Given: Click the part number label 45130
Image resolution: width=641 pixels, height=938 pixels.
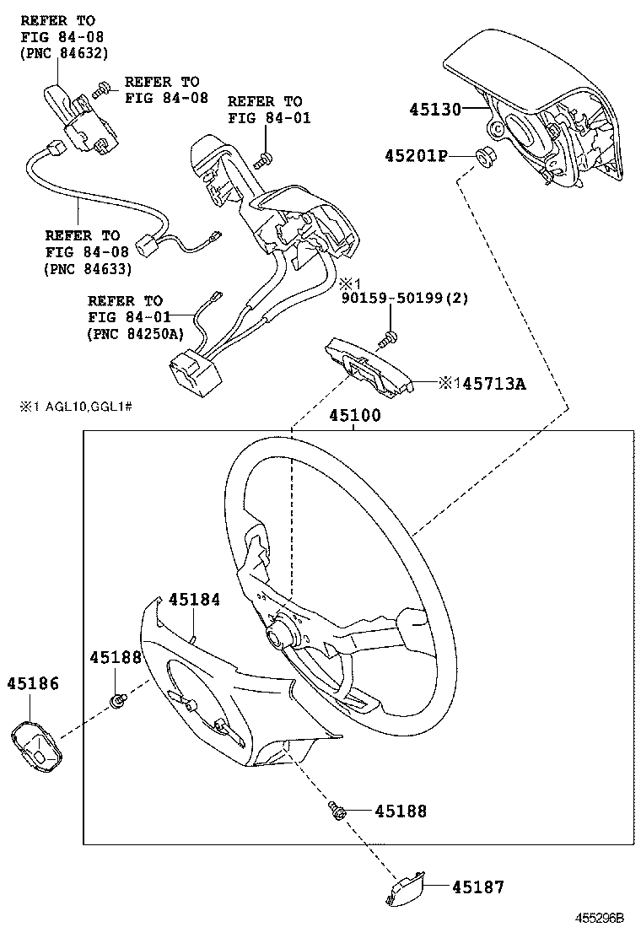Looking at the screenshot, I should coord(436,109).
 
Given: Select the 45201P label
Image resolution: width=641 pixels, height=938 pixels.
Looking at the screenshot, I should coord(416,156).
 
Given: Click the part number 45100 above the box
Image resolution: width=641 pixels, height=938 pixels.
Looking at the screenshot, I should coord(354,416).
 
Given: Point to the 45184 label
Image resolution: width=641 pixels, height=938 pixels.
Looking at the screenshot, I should coord(194,600).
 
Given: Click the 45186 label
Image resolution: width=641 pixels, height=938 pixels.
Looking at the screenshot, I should coord(34,683).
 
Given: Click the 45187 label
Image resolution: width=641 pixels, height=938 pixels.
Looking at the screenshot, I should coord(477,887).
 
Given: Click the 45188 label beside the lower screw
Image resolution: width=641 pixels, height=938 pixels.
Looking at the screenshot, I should coord(401,811).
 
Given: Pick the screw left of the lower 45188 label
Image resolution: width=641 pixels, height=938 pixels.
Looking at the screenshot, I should coord(339,811).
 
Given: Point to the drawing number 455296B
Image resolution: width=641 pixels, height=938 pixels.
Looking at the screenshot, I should coord(599,917).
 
